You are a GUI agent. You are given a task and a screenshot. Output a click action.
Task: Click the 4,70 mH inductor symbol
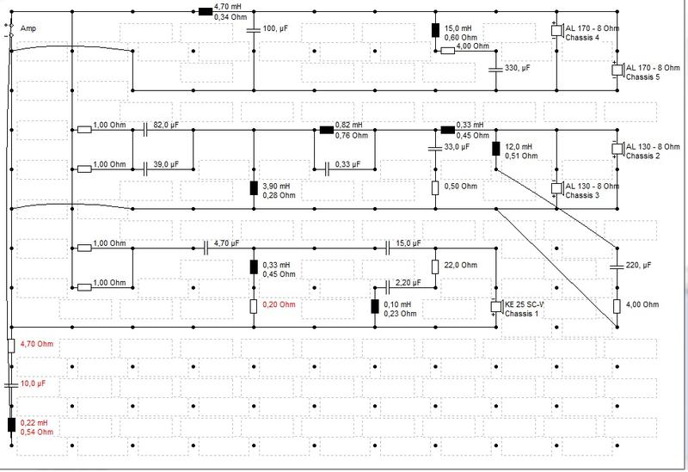click(206, 11)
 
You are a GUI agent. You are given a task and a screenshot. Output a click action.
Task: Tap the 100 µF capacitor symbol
click(254, 30)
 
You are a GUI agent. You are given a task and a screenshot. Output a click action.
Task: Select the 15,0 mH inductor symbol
click(435, 30)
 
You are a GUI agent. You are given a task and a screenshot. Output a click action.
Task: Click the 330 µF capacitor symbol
click(496, 70)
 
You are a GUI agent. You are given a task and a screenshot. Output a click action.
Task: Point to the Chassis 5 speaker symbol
click(617, 70)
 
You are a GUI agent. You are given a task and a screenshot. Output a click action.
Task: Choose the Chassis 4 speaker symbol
click(556, 31)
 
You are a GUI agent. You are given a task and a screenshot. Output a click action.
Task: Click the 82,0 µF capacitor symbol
click(144, 130)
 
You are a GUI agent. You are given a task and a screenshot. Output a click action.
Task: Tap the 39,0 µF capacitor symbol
click(144, 169)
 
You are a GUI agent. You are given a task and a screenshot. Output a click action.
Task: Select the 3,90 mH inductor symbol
click(254, 188)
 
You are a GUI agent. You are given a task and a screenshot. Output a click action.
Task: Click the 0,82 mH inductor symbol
click(327, 130)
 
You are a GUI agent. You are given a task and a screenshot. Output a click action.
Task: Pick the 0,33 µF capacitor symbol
click(327, 169)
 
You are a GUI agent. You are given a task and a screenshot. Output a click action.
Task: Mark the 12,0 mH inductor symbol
click(496, 149)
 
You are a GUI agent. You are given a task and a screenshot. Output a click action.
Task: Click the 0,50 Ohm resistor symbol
click(435, 188)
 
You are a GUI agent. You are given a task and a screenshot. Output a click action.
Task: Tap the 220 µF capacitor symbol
click(617, 267)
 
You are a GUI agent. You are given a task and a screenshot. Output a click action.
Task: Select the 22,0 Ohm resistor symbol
click(435, 267)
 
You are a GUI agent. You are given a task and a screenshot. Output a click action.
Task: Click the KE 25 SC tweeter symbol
click(496, 307)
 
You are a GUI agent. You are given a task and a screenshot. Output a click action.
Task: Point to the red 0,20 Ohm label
click(279, 304)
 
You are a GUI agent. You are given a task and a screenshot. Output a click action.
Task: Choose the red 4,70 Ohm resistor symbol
click(11, 346)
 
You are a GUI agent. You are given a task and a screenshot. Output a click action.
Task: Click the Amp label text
click(28, 28)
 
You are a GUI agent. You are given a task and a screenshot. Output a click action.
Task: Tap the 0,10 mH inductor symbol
click(375, 307)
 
